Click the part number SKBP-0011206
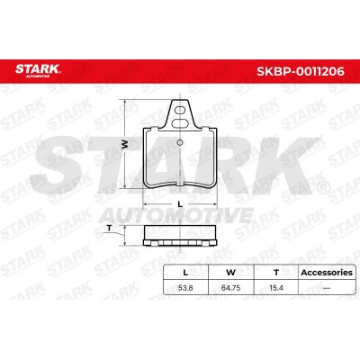(301, 72)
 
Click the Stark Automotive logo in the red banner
(38, 70)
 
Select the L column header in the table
(185, 273)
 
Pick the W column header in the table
(230, 273)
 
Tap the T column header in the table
(276, 273)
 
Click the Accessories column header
(327, 273)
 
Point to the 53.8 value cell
(185, 288)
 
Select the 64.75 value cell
(230, 288)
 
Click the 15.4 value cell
(276, 288)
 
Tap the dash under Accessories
(327, 288)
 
